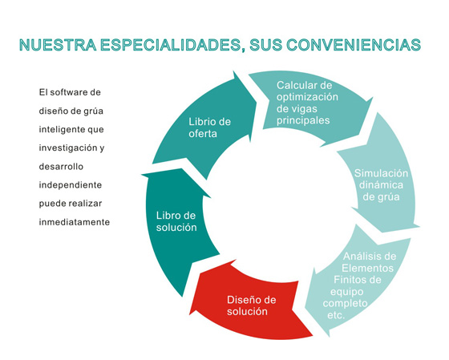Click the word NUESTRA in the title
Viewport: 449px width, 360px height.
coord(58,45)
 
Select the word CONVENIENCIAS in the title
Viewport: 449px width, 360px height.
coord(354,45)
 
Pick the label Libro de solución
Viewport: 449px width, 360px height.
coord(176,221)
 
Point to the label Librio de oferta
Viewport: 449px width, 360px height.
coord(209,127)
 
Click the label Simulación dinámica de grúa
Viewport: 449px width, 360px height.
coord(381,185)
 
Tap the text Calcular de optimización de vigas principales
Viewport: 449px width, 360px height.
coord(307,103)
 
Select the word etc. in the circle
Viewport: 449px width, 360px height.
coord(336,315)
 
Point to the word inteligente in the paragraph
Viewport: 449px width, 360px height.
coord(62,130)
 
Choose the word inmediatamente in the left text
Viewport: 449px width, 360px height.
coord(75,222)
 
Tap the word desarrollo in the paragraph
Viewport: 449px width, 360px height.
coord(61,167)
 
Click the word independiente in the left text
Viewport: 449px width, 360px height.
coord(71,185)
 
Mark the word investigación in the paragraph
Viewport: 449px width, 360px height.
coord(68,148)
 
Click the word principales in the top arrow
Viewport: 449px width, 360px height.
coord(303,120)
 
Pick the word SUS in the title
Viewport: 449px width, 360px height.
coord(265,45)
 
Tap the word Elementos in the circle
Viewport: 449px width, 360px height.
coord(368,268)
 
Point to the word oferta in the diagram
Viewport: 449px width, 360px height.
coord(203,134)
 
